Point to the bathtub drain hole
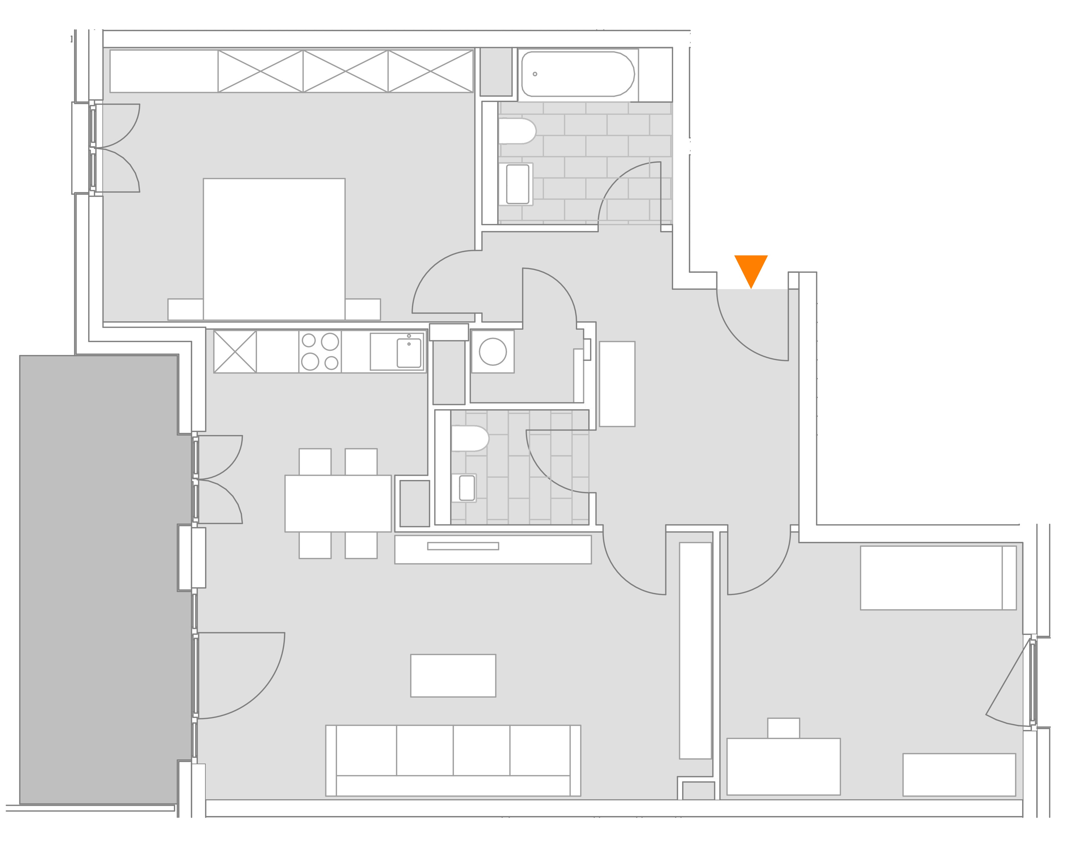pyautogui.click(x=535, y=74)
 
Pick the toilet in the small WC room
pyautogui.click(x=470, y=438)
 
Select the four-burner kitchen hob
pyautogui.click(x=320, y=352)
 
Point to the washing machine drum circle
pyautogui.click(x=492, y=352)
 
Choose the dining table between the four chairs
pyautogui.click(x=338, y=503)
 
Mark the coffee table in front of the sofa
pyautogui.click(x=452, y=676)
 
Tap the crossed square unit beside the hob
pyautogui.click(x=235, y=352)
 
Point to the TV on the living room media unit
pyautogui.click(x=462, y=546)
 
